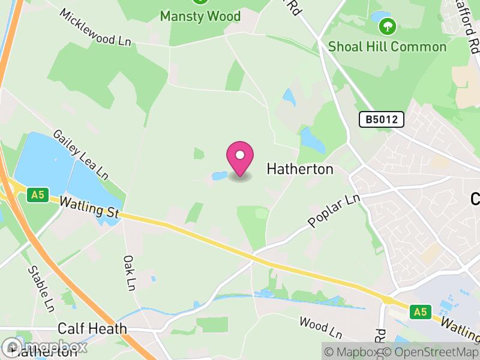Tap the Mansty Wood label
(x=200, y=16)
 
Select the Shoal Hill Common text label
(x=387, y=46)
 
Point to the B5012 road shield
(x=382, y=119)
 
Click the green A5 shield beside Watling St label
(x=37, y=194)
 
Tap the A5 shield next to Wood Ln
(x=421, y=311)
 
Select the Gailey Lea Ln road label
(x=80, y=154)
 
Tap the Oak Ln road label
(x=129, y=273)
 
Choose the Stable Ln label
(x=41, y=289)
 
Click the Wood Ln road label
(x=320, y=327)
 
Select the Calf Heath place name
(x=92, y=328)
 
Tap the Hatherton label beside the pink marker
(x=299, y=169)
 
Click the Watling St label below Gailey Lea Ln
(x=90, y=208)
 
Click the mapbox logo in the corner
(x=45, y=347)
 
